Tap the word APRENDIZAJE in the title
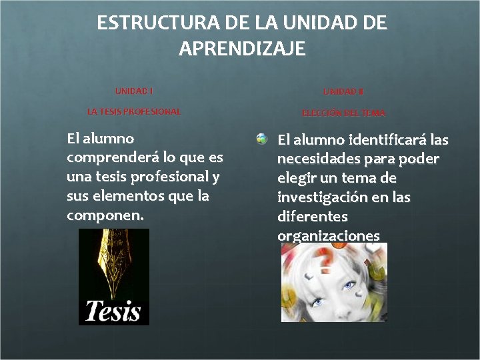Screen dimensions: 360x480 [x=242, y=49]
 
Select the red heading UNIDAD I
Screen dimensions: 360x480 [x=134, y=91]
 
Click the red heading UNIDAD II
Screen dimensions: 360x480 [x=343, y=91]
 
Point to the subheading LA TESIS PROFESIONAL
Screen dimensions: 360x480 [x=134, y=112]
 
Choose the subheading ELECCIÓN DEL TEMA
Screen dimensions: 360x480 [x=343, y=113]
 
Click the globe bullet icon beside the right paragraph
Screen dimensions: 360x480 [x=262, y=139]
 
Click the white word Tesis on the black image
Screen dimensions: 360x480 [x=113, y=311]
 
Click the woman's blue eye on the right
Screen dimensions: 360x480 [x=349, y=286]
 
